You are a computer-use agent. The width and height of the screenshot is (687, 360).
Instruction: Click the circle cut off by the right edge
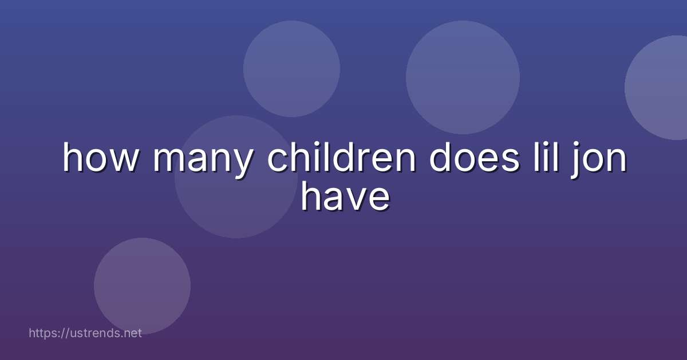click(658, 87)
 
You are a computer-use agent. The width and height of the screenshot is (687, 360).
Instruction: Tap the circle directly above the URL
click(142, 286)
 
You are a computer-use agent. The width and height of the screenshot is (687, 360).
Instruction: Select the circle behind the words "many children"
click(235, 177)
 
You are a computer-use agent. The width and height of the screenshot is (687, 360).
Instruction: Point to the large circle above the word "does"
click(463, 77)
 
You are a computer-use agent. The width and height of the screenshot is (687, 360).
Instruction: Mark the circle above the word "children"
click(291, 69)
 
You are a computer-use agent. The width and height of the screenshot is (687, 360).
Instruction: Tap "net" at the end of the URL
click(133, 333)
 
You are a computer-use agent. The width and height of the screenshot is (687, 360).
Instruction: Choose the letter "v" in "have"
click(359, 199)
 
